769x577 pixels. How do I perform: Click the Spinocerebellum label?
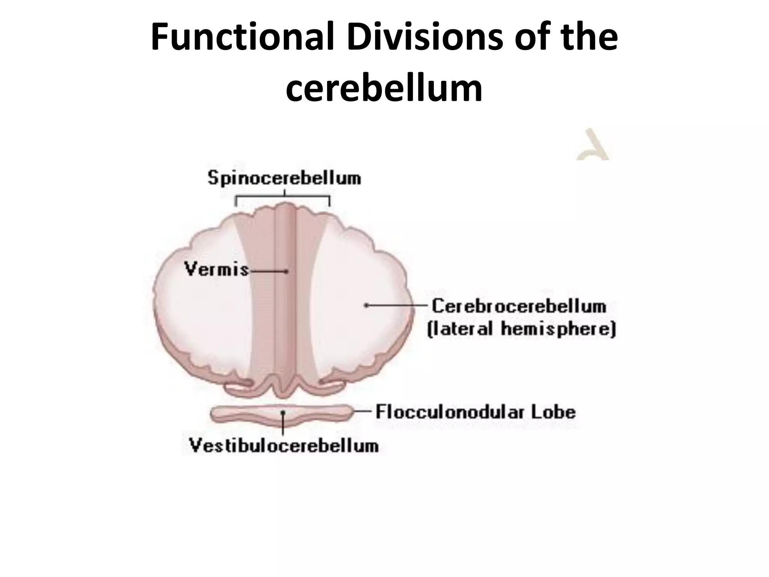pos(284,178)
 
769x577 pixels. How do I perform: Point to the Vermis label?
pos(217,269)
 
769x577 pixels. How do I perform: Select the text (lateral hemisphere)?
pos(522,329)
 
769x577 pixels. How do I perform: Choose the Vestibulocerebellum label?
pos(284,446)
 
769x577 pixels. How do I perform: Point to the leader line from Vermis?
pos(268,271)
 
